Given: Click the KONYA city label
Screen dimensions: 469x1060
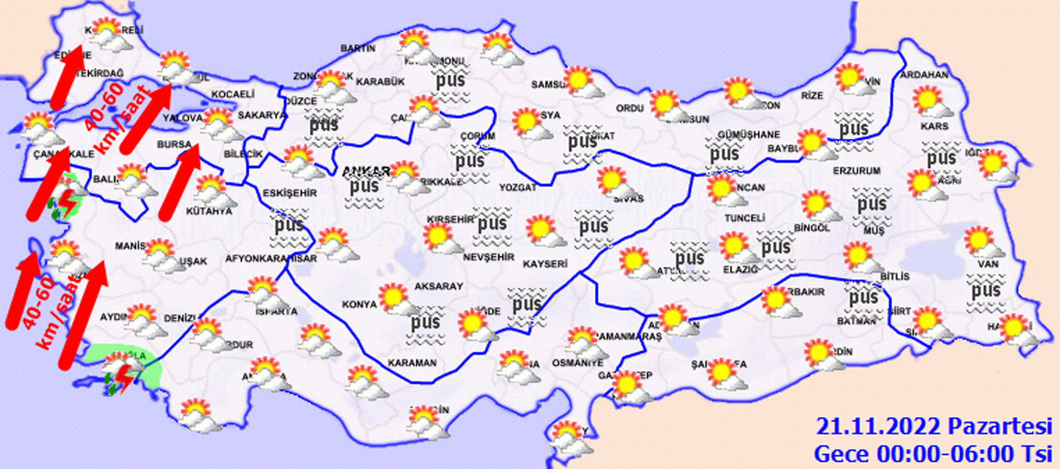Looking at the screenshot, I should [x=359, y=304].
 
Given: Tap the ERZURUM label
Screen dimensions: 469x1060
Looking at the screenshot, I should [x=857, y=171].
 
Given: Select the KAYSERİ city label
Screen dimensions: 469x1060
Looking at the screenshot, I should [x=545, y=265].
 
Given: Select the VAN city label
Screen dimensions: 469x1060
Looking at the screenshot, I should [x=988, y=264].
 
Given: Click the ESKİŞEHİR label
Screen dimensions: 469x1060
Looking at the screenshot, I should [x=289, y=193].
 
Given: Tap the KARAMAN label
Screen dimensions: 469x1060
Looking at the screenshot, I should [x=412, y=363].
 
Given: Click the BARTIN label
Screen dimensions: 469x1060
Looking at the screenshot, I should [x=358, y=49].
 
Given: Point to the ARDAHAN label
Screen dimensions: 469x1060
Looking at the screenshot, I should [x=924, y=75].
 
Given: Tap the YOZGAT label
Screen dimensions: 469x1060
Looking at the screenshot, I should [x=517, y=188].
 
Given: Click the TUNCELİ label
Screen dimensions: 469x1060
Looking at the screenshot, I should [x=744, y=218].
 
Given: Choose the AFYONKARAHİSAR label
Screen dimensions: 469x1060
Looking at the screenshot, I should [x=271, y=259].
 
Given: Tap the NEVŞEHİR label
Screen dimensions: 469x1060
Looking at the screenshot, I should [x=489, y=257].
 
